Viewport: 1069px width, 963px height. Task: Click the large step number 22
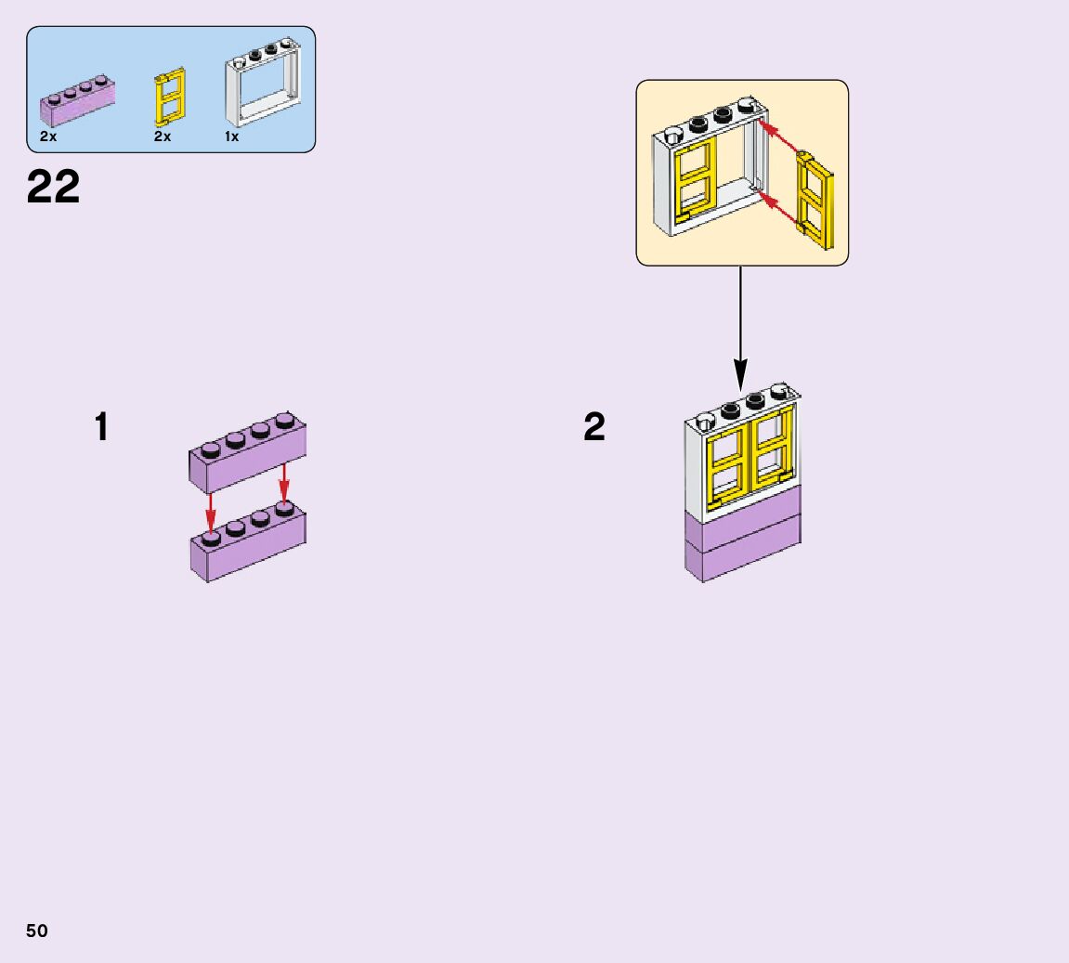point(54,188)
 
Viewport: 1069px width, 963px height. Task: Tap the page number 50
point(37,931)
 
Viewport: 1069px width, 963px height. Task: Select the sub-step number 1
point(102,428)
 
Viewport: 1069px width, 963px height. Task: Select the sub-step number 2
point(594,428)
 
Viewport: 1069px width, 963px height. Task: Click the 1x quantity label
point(231,137)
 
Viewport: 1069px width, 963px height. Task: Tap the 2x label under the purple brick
point(48,137)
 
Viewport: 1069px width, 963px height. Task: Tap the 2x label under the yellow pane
point(163,137)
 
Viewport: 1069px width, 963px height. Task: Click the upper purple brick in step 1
point(248,458)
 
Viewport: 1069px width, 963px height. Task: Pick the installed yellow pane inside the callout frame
point(694,183)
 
